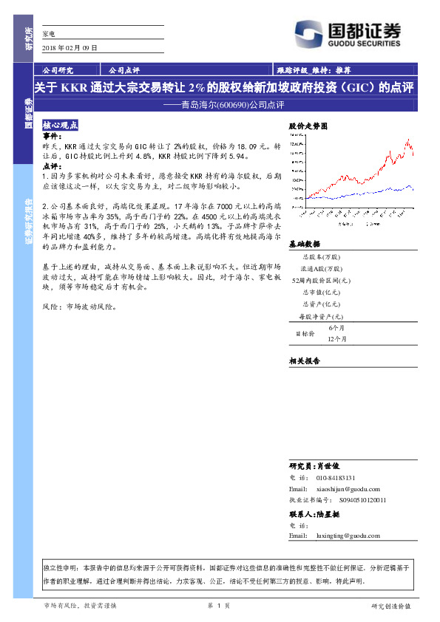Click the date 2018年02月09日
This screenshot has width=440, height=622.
[70, 48]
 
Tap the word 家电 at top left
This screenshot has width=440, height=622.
[49, 33]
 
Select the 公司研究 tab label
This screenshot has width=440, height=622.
[58, 71]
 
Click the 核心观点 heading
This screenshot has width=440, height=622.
[61, 126]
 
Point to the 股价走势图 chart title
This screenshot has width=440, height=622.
[307, 126]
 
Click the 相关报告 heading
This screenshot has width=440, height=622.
[304, 360]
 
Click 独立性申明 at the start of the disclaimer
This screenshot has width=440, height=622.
[61, 568]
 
